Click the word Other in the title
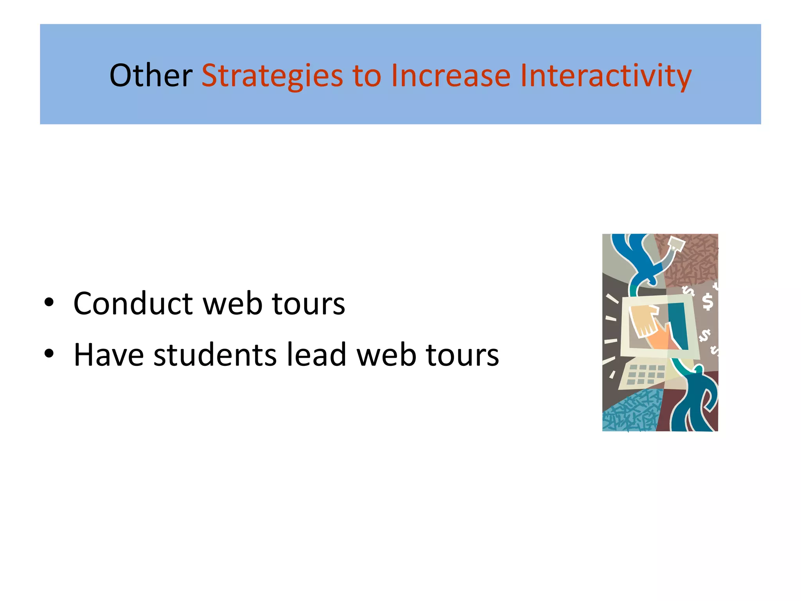click(151, 75)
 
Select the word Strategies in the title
click(272, 76)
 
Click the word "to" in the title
click(366, 76)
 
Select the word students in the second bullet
click(215, 354)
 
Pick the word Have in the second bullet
click(109, 354)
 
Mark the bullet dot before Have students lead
click(49, 354)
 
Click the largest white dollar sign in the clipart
click(708, 302)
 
